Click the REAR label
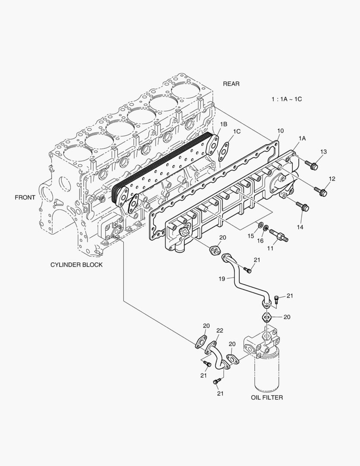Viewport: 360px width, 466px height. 231,84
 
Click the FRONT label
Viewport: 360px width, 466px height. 25,197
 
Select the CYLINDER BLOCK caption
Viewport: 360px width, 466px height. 76,264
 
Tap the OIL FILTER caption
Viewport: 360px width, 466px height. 266,397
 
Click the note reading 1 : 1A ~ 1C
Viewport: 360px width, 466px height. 286,99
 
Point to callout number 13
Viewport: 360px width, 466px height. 323,151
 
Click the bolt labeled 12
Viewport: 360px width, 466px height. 321,190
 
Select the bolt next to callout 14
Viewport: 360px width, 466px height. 303,207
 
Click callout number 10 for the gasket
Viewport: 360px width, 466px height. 280,130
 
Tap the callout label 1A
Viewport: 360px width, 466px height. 302,138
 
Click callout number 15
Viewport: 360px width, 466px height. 250,236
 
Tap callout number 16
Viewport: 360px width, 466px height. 260,241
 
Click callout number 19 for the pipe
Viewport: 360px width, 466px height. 222,279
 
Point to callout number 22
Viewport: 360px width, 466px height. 219,331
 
